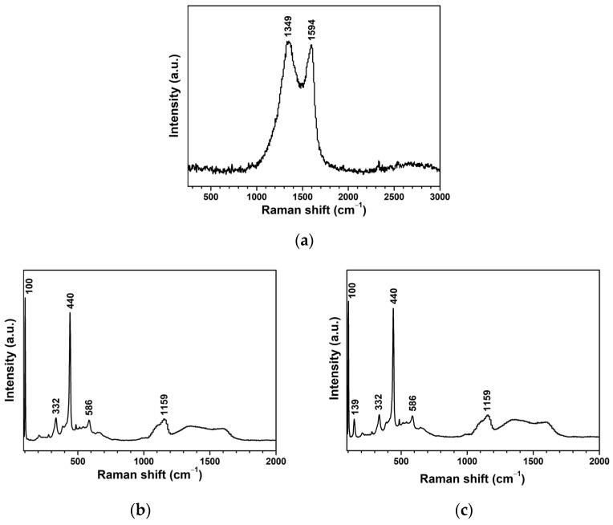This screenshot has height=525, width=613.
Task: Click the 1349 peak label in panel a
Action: (x=288, y=29)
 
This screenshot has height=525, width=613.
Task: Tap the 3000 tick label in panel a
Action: (x=439, y=196)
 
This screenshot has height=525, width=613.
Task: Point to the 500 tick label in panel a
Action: (x=211, y=196)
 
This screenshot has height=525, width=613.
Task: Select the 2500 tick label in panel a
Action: (x=393, y=196)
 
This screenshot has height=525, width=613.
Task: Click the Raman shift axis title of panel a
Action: (x=315, y=210)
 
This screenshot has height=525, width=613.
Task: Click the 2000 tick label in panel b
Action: (x=275, y=462)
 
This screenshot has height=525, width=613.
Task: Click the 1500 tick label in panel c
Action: (x=533, y=462)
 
